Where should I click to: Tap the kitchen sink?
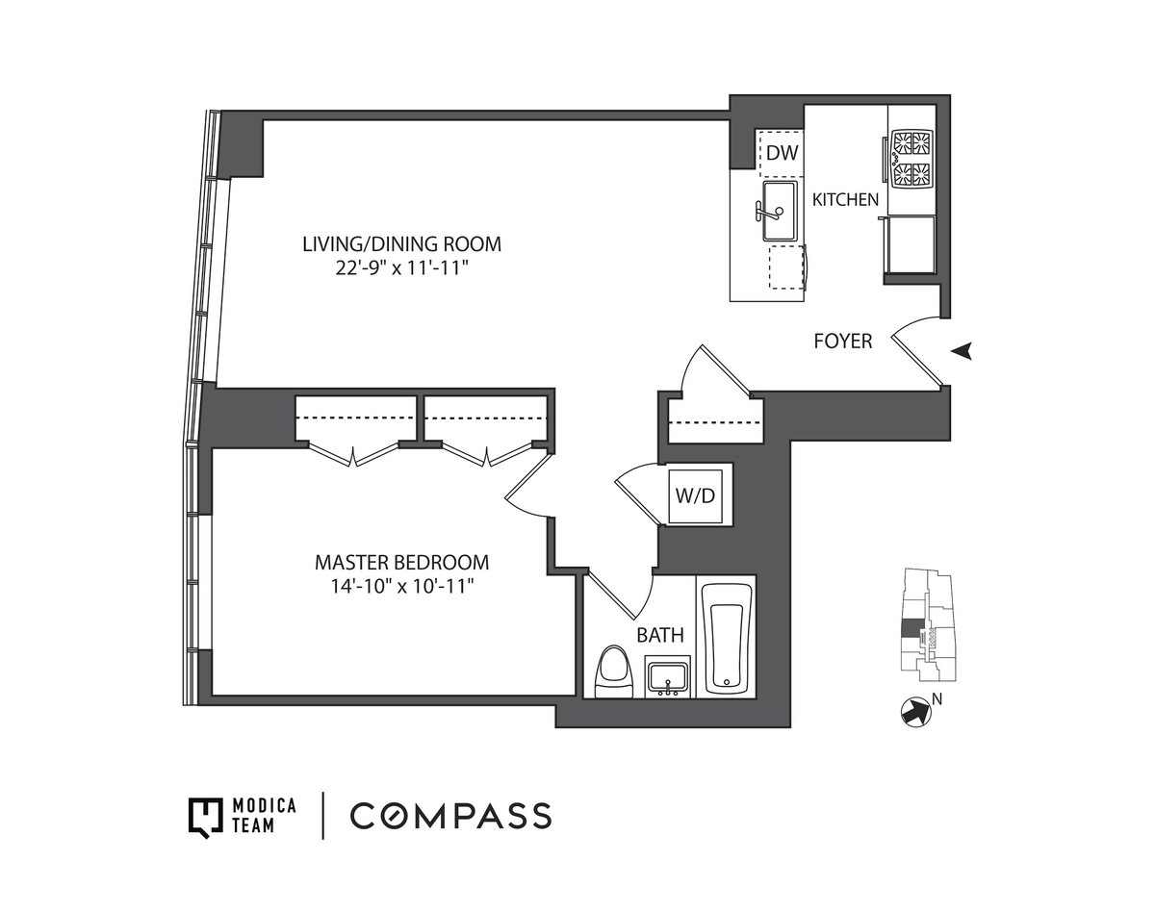779,211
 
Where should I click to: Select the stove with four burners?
911,160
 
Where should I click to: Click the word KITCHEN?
845,200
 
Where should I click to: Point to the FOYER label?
842,341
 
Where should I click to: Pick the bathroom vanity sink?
667,676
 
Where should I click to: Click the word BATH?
660,635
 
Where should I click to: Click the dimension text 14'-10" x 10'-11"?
401,585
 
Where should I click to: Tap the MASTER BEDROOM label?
401,562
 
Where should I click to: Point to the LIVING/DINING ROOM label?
401,244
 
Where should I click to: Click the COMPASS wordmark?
450,816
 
